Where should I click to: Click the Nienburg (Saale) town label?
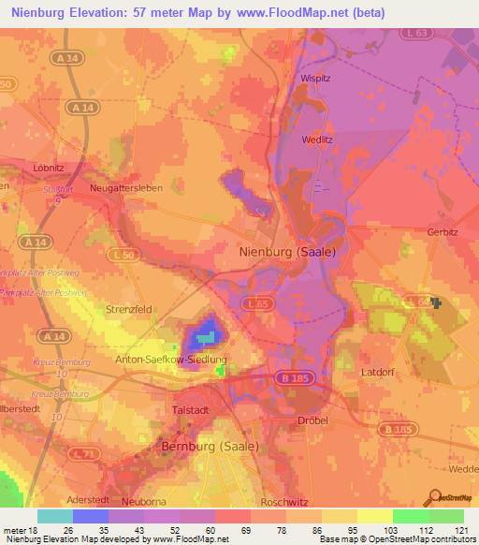pos(283,252)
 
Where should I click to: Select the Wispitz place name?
pos(317,79)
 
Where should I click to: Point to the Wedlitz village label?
pos(317,140)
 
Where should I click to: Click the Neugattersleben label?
pos(132,188)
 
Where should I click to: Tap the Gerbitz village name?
pos(443,232)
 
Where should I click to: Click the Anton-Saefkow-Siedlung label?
pos(170,359)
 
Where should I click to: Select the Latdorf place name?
pos(380,372)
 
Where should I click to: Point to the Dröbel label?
pos(312,420)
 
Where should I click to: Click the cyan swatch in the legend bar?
pos(55,516)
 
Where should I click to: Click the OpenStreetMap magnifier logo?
pos(434,498)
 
